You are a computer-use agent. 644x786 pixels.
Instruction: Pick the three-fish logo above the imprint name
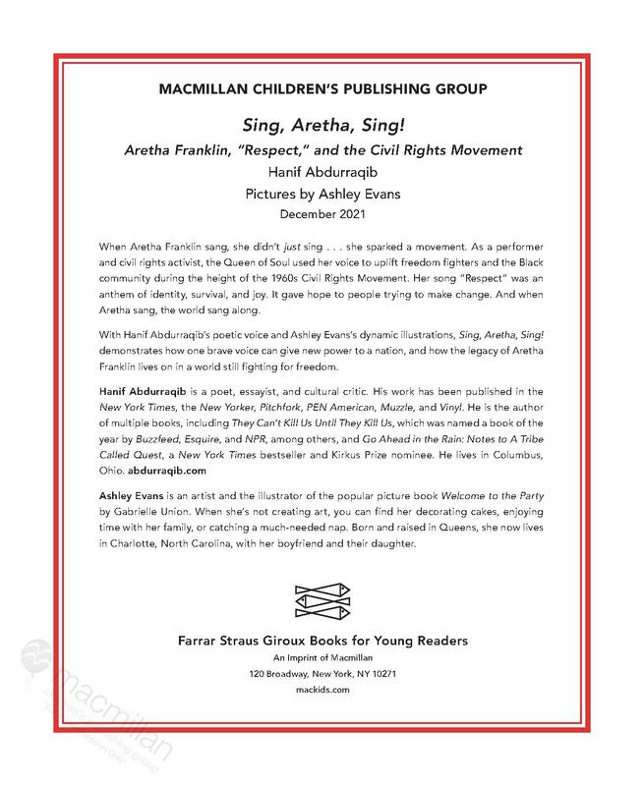pyautogui.click(x=321, y=601)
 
